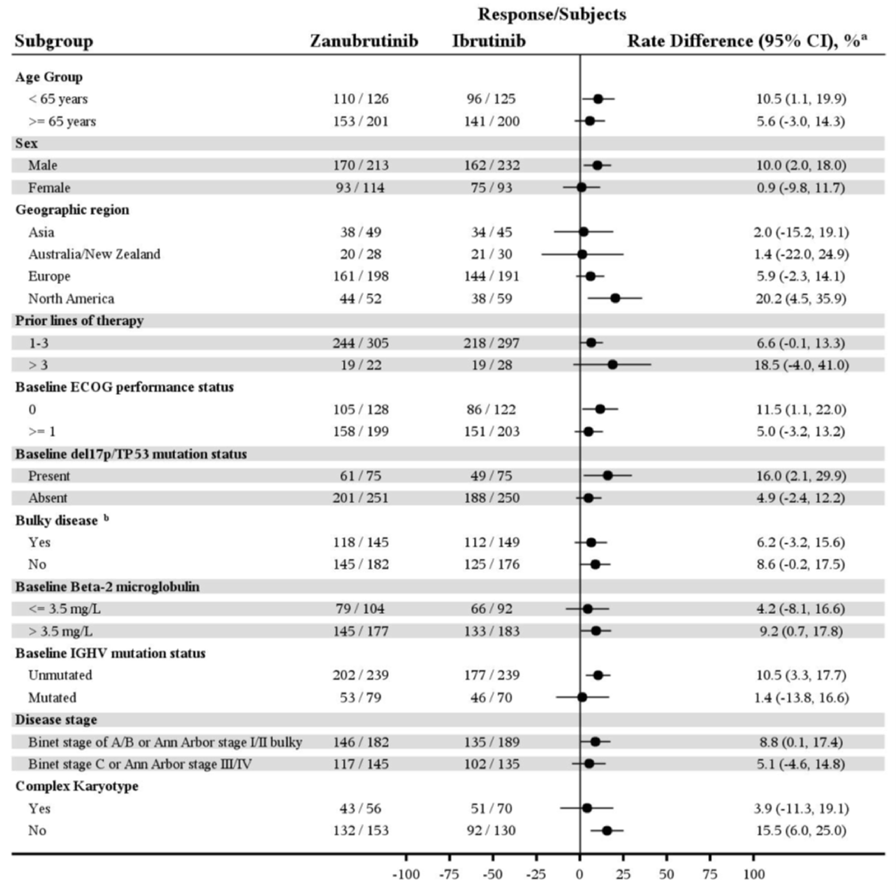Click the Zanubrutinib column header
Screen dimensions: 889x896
(x=364, y=41)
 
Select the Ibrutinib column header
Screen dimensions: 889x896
(x=489, y=41)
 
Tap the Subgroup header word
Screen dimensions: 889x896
(x=54, y=41)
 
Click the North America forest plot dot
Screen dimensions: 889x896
(x=615, y=298)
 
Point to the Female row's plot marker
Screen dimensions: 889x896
(x=581, y=187)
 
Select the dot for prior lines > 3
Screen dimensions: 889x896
(x=612, y=364)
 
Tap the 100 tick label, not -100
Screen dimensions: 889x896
(x=754, y=874)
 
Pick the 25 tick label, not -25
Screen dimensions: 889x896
(x=623, y=874)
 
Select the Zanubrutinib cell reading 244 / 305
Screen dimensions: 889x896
(x=361, y=343)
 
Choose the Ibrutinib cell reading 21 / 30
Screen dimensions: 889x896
(x=492, y=254)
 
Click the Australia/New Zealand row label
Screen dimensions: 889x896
(x=94, y=254)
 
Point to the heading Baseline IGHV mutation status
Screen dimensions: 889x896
(x=110, y=653)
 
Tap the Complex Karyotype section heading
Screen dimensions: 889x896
(x=77, y=786)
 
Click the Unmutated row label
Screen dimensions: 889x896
(x=60, y=675)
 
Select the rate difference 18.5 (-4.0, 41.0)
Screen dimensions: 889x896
(x=801, y=365)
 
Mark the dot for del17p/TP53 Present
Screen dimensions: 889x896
(x=608, y=475)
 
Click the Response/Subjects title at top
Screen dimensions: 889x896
(x=552, y=14)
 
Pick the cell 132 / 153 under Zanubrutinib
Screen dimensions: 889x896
(x=361, y=831)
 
